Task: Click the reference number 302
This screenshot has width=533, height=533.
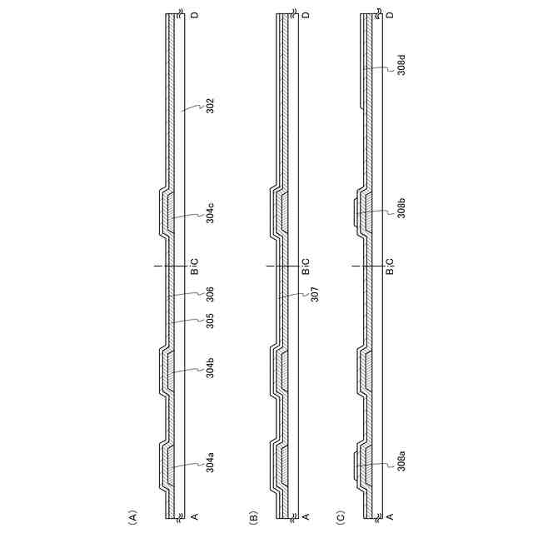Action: point(211,106)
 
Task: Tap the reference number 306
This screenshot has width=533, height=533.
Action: point(211,294)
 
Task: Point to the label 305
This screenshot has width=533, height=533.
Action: point(211,321)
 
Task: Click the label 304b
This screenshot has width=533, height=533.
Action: point(211,367)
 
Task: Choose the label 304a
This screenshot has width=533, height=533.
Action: point(211,462)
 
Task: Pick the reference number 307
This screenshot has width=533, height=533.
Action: point(315,294)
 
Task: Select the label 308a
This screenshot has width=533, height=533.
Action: point(401,461)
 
